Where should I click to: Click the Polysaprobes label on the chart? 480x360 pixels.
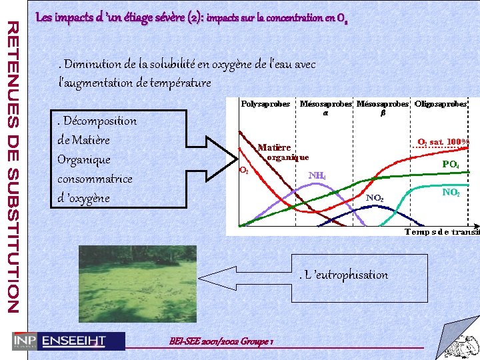(265, 104)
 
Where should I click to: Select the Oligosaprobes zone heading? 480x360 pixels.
(440, 104)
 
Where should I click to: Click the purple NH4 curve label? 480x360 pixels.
(317, 175)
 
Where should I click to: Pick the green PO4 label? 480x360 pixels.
(451, 164)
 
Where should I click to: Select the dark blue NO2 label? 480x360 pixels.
(374, 198)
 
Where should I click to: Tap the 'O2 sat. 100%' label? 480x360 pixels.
(443, 142)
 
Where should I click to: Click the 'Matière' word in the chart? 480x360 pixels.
(274, 147)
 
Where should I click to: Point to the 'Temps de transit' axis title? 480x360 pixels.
(442, 232)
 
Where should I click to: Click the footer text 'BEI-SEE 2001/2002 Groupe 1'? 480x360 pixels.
(223, 341)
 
